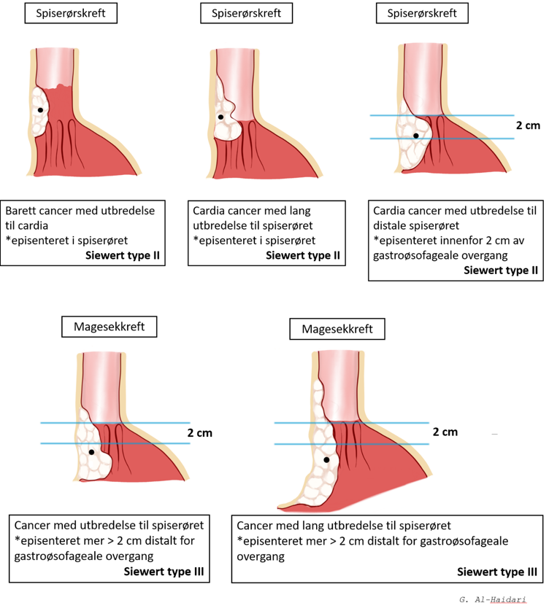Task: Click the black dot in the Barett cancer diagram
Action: [x=40, y=110]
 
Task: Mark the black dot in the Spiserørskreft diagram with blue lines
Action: [x=416, y=136]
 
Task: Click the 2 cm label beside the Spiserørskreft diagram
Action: [x=528, y=125]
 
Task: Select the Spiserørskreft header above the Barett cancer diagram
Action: [x=70, y=14]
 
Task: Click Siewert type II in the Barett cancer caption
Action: [x=133, y=255]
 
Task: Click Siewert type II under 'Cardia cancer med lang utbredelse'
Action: [x=305, y=255]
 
